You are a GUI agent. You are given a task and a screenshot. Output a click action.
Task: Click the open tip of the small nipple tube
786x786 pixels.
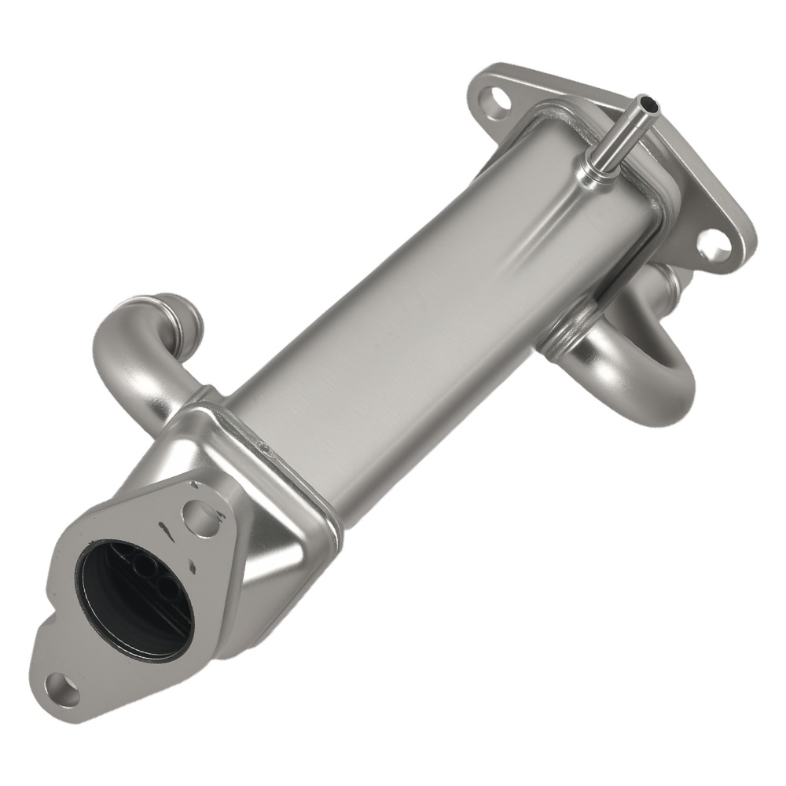pos(645,101)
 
